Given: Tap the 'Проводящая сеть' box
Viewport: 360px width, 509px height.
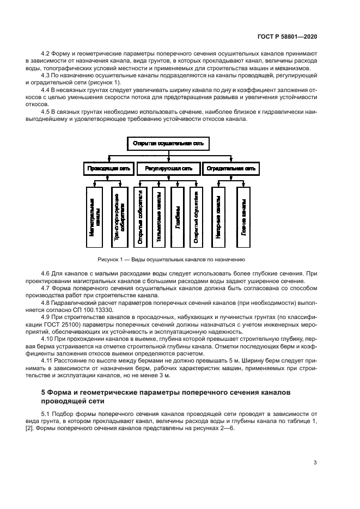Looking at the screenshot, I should click(108, 169).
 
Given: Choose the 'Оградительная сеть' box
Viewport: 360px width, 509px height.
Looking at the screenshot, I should click(230, 169).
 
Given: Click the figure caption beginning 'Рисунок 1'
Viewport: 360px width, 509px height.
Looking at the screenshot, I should click(172, 260).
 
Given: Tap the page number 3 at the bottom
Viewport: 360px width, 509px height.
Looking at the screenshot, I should click(315, 463).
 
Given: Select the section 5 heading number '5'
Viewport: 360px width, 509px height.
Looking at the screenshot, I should click(44, 392).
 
